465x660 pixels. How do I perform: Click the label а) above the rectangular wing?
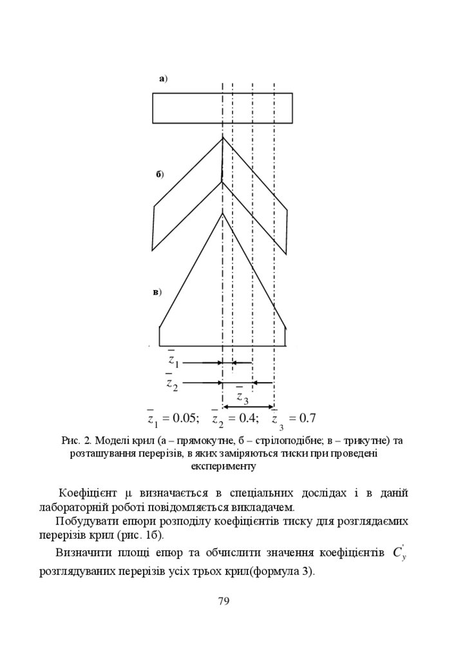coord(163,79)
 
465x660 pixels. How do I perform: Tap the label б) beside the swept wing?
coord(160,175)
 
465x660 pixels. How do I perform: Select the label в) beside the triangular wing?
coord(156,292)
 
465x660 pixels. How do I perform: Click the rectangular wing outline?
coord(222,108)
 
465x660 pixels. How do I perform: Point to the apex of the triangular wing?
coord(222,213)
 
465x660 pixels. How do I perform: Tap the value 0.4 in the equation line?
coord(248,418)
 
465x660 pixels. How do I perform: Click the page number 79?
coord(224,601)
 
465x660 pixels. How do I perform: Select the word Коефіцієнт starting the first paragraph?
coord(85,493)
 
